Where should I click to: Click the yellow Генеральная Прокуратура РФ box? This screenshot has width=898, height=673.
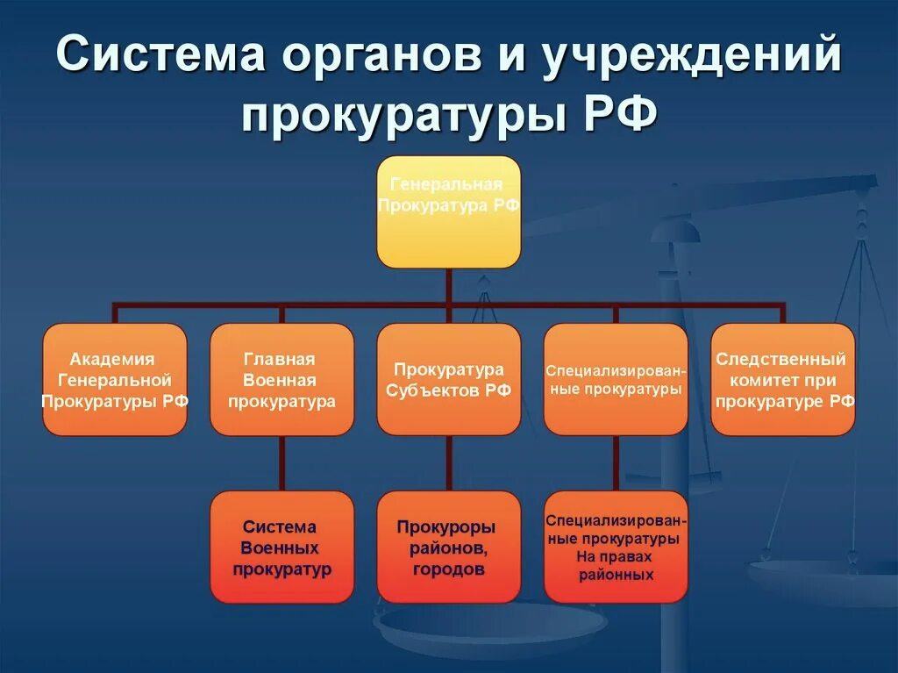click(x=448, y=211)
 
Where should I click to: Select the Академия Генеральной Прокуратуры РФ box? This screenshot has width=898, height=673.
click(x=114, y=379)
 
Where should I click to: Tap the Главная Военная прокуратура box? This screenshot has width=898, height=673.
click(x=282, y=379)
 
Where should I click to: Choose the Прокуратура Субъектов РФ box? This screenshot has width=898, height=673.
click(x=448, y=379)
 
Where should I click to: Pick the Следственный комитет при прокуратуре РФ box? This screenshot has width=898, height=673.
click(x=782, y=379)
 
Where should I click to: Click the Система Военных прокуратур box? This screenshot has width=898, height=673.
click(x=282, y=547)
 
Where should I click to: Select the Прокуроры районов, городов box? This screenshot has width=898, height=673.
click(x=448, y=547)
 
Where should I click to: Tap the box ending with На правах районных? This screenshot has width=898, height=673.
click(x=616, y=547)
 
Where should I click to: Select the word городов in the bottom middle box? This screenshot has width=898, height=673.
click(x=447, y=569)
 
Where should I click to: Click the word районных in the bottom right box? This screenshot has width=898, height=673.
click(x=616, y=576)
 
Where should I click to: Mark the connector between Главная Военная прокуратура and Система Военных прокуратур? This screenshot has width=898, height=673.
click(x=282, y=462)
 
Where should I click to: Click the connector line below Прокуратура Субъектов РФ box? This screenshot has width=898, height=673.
click(x=448, y=462)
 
